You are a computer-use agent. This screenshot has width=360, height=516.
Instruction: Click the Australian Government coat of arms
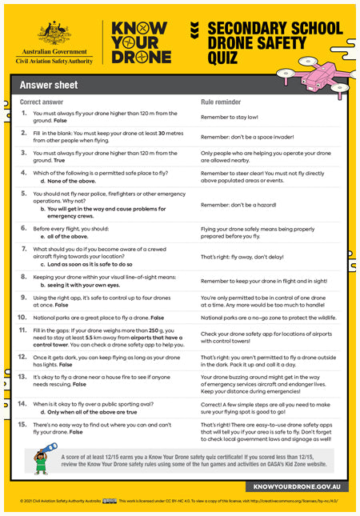54,33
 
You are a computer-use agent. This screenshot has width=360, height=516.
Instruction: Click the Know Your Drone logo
141,42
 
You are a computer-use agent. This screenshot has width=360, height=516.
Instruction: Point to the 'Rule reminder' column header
221,102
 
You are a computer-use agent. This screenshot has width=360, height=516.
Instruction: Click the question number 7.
26,249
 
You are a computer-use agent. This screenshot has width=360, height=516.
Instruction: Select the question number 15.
26,421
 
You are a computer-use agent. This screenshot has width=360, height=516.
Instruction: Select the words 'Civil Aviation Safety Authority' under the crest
54,60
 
